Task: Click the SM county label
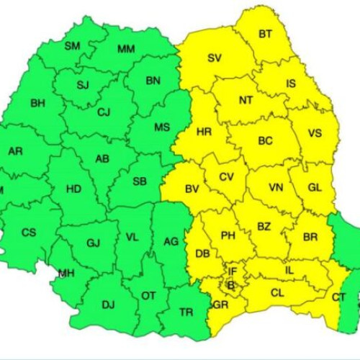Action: tap(73, 46)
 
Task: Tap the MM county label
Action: tap(127, 49)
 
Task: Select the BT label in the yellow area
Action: tap(265, 34)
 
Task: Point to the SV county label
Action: tap(215, 58)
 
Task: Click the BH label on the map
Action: tap(37, 103)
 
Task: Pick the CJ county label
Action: tap(104, 112)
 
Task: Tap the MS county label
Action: tap(163, 127)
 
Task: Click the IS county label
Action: tap(290, 84)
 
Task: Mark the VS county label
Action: tap(315, 133)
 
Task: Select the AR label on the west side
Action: tap(15, 152)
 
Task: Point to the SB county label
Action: tap(140, 181)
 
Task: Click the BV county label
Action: tap(192, 189)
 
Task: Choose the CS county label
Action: tap(29, 233)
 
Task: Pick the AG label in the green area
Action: tap(171, 241)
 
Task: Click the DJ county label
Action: tap(108, 305)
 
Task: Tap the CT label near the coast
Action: tap(338, 297)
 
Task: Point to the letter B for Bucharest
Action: tap(231, 285)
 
